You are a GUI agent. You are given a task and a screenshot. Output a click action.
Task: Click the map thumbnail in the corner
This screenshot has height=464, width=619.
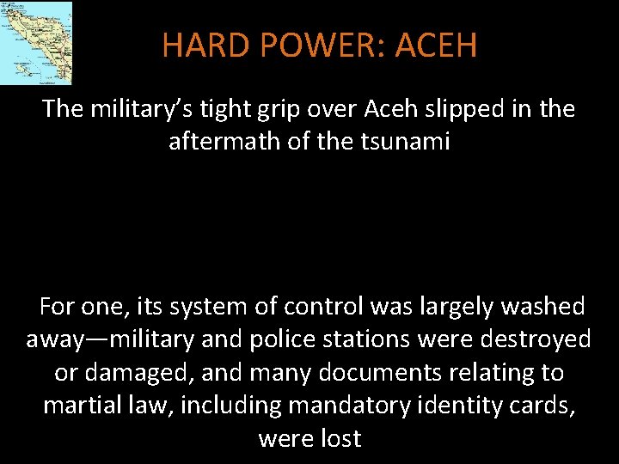[x=36, y=42]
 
